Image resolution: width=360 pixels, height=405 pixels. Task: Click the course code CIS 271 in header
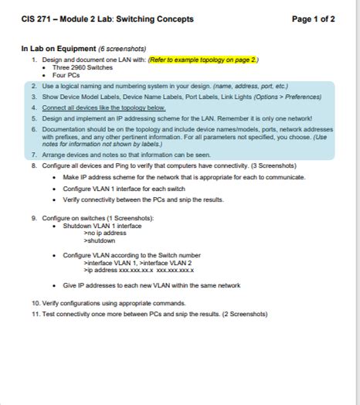(x=37, y=19)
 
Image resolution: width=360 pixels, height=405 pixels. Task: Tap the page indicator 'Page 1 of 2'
(x=314, y=19)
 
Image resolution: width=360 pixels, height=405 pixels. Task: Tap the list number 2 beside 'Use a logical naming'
(x=35, y=87)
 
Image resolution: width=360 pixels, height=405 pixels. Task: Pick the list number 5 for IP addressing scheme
(x=35, y=119)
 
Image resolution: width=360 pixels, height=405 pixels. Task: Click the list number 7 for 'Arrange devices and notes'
(x=35, y=154)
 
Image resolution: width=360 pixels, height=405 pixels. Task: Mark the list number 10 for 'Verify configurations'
(x=36, y=303)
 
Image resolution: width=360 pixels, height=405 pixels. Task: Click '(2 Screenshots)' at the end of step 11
(x=244, y=314)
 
